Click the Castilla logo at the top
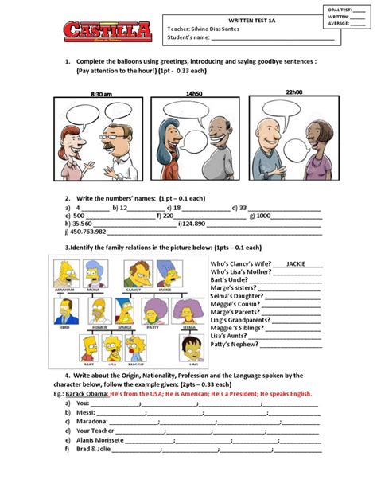[x=107, y=32]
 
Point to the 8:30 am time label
[x=101, y=94]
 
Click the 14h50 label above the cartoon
[x=195, y=92]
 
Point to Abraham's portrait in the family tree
[x=68, y=275]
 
